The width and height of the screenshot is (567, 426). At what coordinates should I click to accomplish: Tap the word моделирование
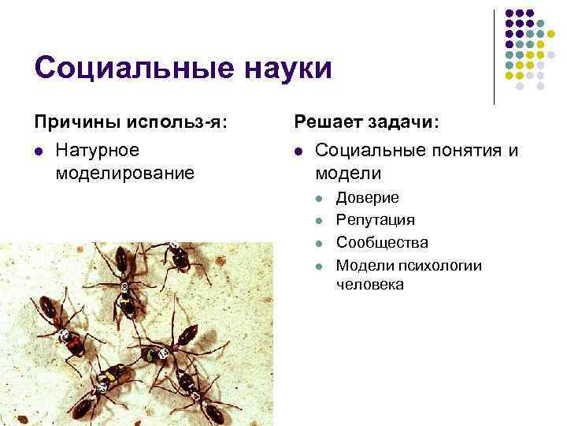pos(125,172)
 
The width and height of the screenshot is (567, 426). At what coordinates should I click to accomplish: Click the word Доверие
pos(367,197)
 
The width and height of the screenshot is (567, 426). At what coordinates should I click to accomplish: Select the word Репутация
pos(375,219)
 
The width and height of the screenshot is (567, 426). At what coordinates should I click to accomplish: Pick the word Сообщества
pos(382,242)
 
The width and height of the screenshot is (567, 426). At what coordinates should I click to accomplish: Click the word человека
pos(369,284)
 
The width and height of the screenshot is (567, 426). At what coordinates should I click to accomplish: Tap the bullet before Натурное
pos(37,151)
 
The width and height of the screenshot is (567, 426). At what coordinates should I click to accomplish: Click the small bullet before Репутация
pos(319,220)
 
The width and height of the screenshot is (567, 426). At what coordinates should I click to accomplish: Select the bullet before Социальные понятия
pos(298,151)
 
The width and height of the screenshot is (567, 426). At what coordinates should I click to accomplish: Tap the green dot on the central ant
pos(150,357)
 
